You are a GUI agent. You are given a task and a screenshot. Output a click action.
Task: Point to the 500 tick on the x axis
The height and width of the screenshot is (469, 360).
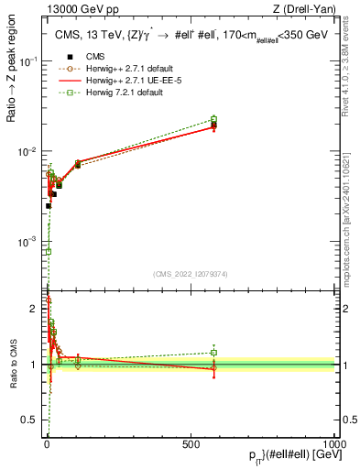(x=191, y=444)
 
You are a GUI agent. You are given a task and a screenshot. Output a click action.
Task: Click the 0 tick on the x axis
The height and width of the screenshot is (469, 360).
(x=47, y=444)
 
